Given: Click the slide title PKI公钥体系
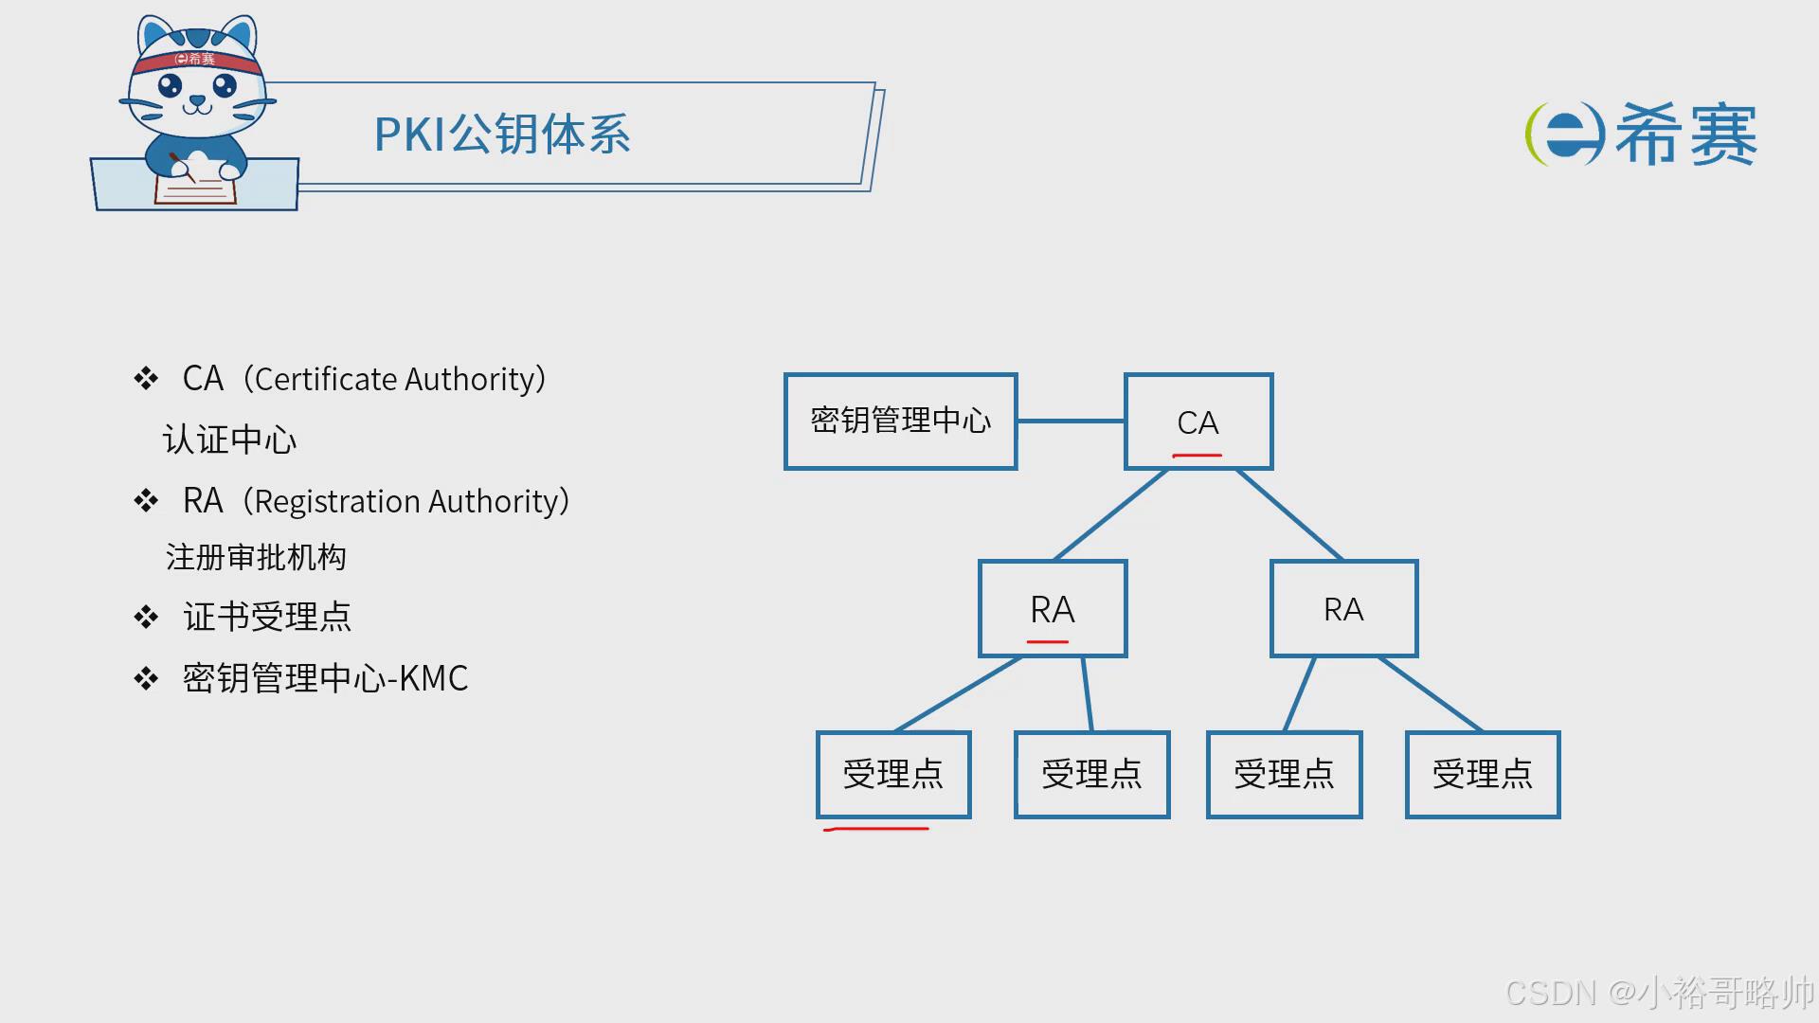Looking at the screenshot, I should (502, 135).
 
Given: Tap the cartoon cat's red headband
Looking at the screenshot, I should (197, 62).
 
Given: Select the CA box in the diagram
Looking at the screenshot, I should (1198, 421).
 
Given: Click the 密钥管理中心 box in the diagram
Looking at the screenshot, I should (900, 421).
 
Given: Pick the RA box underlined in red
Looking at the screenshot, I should (1053, 608).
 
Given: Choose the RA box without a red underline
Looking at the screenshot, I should (1343, 608).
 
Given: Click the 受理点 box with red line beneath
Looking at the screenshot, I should (893, 773).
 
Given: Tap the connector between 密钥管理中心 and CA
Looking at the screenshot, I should (1071, 421).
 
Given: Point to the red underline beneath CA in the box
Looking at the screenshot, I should (1197, 456).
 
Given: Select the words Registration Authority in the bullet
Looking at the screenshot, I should (406, 501).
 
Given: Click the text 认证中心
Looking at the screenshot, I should (229, 440).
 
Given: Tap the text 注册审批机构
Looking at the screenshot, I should (256, 557).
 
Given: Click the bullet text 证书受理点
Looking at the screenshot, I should (267, 617).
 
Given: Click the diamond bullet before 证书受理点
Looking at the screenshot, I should (146, 618).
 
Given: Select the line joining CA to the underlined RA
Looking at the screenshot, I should (1110, 514).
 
